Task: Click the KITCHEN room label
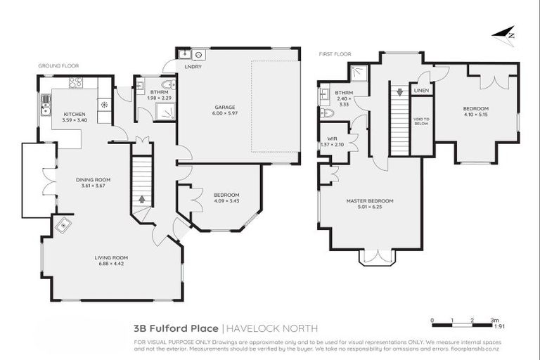[74, 114]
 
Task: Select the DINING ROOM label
[93, 179]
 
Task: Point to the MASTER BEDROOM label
[369, 200]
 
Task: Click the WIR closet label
[331, 139]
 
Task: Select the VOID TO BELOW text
[421, 122]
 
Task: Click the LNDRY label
[193, 67]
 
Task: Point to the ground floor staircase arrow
[143, 199]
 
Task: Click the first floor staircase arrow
[399, 91]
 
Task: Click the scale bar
[465, 324]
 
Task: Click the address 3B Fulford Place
[176, 328]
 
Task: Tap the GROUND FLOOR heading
[58, 65]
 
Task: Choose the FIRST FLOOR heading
[335, 53]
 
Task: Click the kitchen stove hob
[76, 83]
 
